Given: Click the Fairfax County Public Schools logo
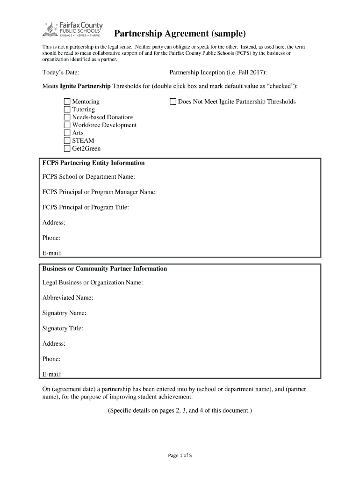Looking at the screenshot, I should pos(72,29).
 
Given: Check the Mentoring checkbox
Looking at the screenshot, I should pos(67,102).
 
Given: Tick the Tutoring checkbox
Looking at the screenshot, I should pos(67,109).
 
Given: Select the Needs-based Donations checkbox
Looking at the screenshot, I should pos(67,117).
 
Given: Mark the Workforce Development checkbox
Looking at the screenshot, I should pos(67,125).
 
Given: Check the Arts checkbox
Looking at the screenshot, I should pos(67,133).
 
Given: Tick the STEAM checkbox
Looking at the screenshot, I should pos(67,141).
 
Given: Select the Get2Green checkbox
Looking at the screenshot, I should pos(67,149).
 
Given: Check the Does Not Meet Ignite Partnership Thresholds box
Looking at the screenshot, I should pos(173,102).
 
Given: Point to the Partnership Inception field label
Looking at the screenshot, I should pos(218,73).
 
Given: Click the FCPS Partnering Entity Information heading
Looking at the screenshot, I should pos(94,163).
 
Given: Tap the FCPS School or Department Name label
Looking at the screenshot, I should pos(89,177).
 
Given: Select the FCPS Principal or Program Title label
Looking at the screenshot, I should pos(86,207).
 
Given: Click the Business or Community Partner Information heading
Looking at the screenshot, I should pos(105,269).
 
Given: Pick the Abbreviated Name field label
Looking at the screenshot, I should pos(68,298).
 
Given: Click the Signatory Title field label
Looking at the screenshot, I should pos(63,328).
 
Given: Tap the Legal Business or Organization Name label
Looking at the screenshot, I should pos(93,283).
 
